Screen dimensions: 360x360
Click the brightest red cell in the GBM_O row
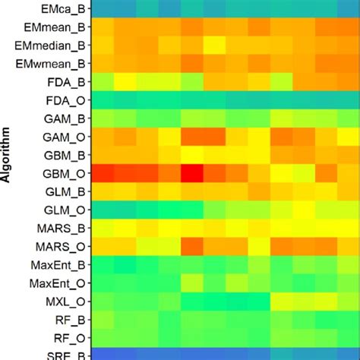[191, 174]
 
